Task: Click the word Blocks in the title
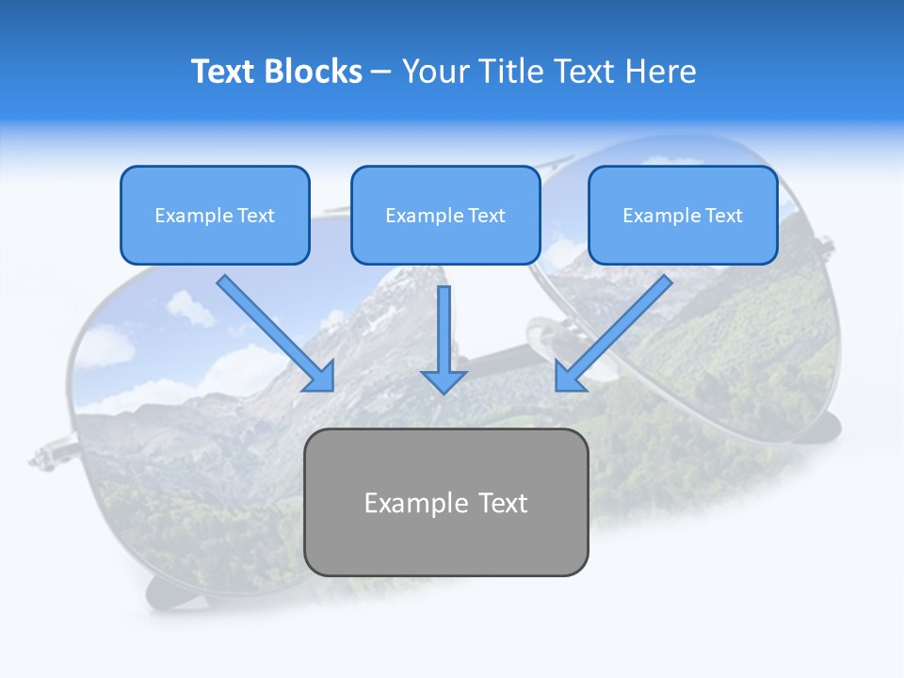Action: [x=315, y=72]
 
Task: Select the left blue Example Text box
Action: [x=215, y=215]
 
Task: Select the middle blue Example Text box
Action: [x=445, y=215]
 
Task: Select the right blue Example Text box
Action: [x=683, y=215]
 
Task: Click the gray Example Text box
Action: [x=445, y=502]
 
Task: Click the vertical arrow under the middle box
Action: [x=444, y=330]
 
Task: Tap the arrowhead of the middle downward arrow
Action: [x=444, y=380]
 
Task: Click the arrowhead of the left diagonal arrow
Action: [x=320, y=377]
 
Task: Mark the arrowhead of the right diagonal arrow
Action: [x=569, y=377]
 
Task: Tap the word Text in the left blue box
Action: [x=255, y=216]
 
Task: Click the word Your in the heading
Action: [x=437, y=72]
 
